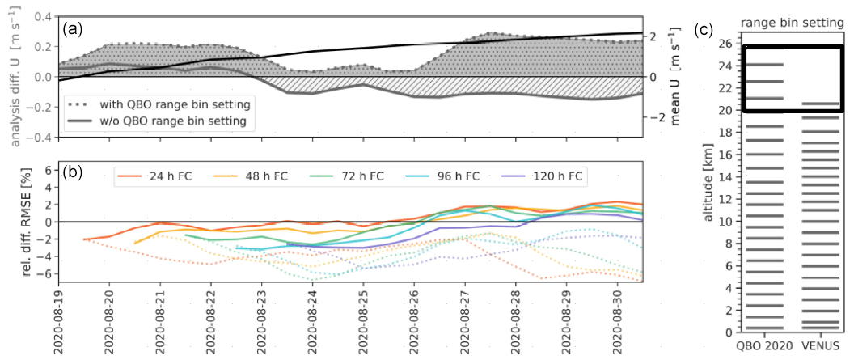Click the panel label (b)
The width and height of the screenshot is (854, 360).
[74, 175]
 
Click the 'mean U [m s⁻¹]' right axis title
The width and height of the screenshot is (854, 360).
[676, 77]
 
